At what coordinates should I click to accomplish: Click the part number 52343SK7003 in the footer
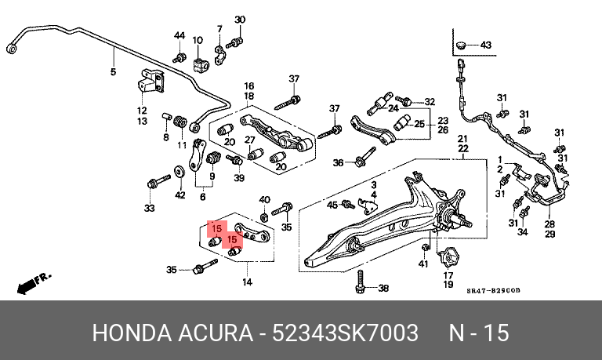(345, 333)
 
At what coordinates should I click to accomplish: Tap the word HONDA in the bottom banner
(132, 333)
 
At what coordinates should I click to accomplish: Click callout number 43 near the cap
(486, 45)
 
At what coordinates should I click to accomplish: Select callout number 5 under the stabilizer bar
(113, 71)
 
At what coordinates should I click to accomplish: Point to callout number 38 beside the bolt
(383, 288)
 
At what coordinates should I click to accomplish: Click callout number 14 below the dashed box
(247, 282)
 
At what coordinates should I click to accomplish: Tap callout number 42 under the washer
(180, 195)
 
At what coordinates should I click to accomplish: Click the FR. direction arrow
(33, 284)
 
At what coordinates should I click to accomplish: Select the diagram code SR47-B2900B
(493, 290)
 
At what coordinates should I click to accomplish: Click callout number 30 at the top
(240, 20)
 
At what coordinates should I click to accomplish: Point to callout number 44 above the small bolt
(180, 36)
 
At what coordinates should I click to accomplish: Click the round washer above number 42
(179, 171)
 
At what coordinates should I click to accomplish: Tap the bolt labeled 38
(360, 282)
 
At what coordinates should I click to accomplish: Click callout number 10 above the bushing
(198, 40)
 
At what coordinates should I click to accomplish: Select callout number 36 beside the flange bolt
(338, 163)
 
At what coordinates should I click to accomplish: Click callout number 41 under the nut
(423, 264)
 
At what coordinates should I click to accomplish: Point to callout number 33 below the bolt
(150, 209)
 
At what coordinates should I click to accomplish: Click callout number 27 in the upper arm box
(250, 140)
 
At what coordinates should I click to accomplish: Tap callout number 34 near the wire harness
(523, 231)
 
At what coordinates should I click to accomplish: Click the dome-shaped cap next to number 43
(461, 45)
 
